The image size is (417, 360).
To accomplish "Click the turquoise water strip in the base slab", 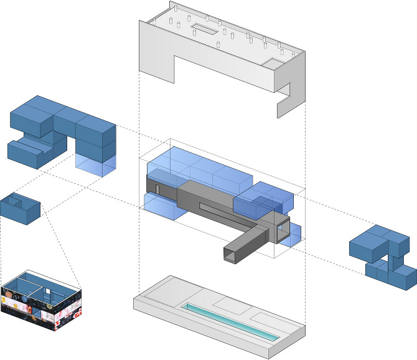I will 230,320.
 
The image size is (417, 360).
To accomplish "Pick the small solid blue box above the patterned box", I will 21,207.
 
